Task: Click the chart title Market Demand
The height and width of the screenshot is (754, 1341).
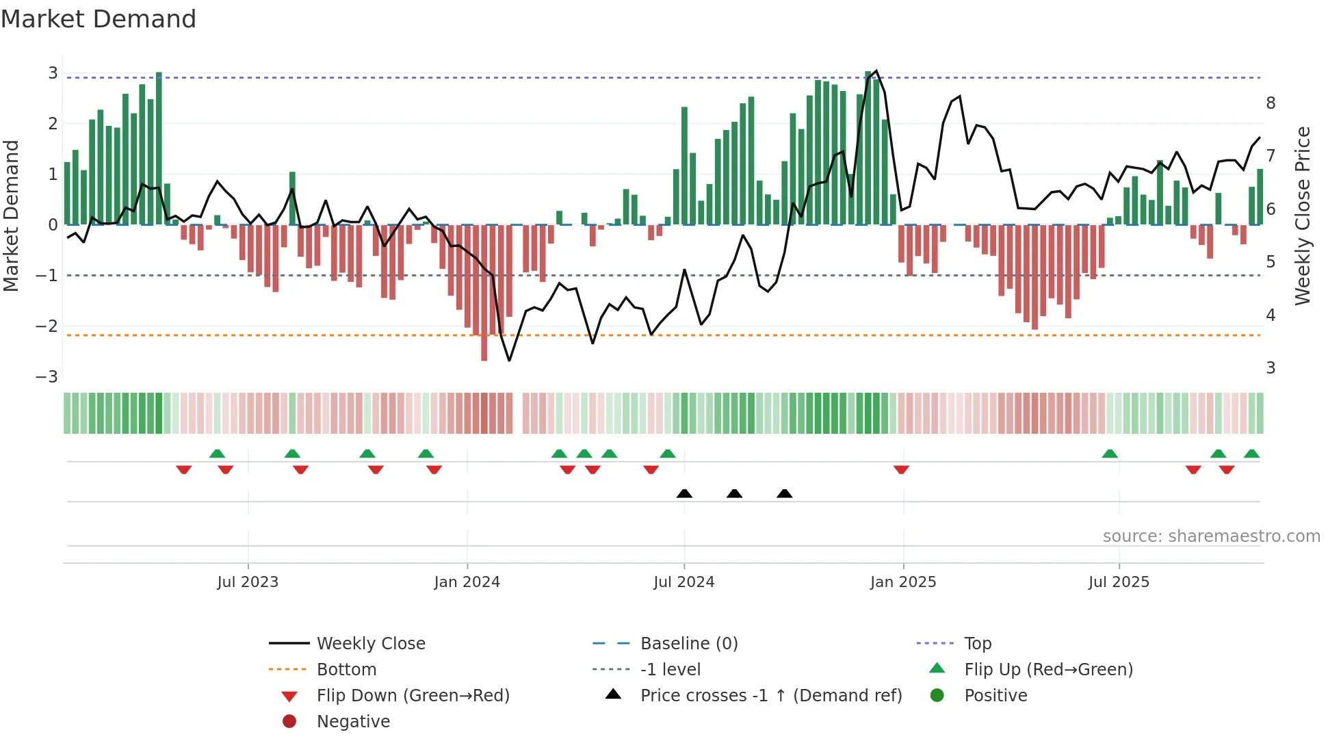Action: (99, 19)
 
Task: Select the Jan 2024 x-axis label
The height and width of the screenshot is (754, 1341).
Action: (467, 582)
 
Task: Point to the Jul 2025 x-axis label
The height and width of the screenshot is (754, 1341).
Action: (1119, 582)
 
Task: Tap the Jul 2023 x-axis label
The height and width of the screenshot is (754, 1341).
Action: (248, 582)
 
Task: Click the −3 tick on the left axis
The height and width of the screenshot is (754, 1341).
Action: (47, 377)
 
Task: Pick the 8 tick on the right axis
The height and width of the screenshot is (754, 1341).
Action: (1271, 103)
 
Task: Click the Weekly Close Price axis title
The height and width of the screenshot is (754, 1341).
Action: (1303, 216)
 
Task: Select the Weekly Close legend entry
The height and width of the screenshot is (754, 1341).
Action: (370, 644)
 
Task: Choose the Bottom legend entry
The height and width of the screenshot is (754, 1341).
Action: (346, 670)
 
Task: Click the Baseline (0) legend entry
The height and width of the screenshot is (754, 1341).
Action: (688, 644)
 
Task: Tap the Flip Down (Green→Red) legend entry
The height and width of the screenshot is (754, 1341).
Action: (413, 696)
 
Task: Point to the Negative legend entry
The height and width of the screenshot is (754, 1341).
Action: (353, 722)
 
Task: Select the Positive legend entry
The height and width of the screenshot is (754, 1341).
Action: (995, 696)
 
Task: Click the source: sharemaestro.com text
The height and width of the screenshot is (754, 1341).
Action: (1211, 536)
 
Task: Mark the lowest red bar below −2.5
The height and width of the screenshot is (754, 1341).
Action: (484, 356)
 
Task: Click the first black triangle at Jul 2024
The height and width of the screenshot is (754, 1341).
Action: (684, 493)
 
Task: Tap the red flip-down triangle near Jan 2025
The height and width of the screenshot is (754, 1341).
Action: (901, 469)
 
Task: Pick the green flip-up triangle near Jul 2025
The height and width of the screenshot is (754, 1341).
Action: (1110, 454)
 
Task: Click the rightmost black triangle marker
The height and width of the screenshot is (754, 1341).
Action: (785, 493)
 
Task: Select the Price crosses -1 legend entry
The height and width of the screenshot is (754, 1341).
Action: (770, 696)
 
